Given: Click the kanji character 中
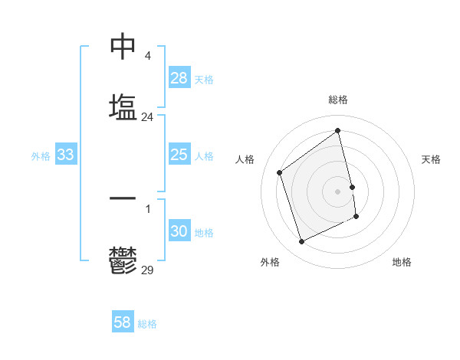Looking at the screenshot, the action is [123, 47].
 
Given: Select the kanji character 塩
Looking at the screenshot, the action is [123, 107].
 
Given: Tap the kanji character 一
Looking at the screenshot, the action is [123, 198].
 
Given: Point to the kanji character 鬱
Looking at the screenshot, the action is [123, 260].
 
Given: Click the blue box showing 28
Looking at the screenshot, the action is [179, 78].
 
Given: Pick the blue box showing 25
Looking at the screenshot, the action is [179, 155].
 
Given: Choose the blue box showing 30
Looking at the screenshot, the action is [179, 231].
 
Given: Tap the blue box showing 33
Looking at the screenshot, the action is [66, 155].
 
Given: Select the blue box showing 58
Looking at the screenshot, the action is [123, 322].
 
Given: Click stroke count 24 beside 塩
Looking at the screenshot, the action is [147, 117].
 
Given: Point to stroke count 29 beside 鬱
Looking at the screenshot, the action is [147, 270].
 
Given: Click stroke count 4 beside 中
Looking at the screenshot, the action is [147, 56].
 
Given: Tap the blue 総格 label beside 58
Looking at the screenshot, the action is [147, 324].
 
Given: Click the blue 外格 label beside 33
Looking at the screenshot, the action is [41, 156].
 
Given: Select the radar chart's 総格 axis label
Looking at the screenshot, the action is [338, 100].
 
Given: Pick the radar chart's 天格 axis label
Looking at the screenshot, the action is [431, 159].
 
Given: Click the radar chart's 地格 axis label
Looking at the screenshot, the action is [402, 262].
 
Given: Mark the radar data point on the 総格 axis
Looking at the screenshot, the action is [338, 131].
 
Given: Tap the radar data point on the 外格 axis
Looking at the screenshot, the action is [301, 242].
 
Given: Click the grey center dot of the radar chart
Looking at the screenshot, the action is [338, 191].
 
